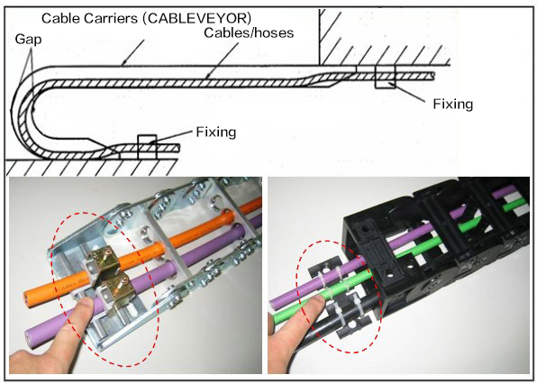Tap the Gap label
[28, 40]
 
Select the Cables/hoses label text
[249, 32]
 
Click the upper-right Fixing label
[452, 105]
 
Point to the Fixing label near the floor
[215, 132]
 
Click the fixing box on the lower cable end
[147, 147]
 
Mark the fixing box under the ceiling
[385, 77]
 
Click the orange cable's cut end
[29, 297]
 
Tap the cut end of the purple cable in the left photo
[30, 338]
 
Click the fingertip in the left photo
[86, 304]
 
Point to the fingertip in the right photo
[316, 302]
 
